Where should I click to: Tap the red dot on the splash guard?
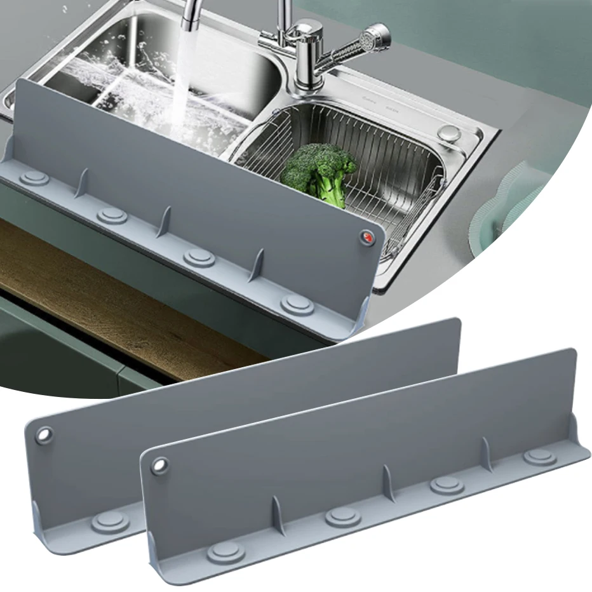[367, 237]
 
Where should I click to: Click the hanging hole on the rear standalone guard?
[44, 436]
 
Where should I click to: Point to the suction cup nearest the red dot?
[297, 304]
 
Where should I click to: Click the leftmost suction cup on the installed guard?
[34, 178]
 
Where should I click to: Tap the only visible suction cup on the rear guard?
[110, 522]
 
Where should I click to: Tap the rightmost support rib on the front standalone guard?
[487, 452]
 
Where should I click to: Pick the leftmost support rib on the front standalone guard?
[276, 514]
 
